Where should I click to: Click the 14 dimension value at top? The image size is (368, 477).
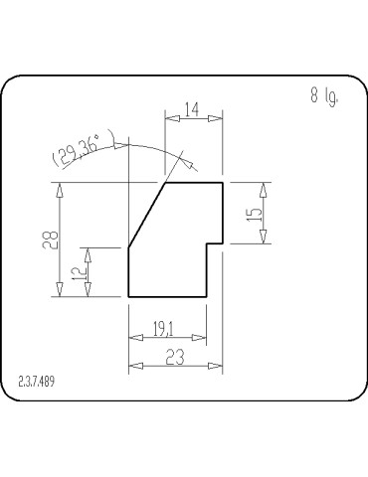[192, 109]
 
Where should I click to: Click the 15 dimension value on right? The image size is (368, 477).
[254, 212]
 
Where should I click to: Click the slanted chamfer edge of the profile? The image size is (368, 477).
[147, 215]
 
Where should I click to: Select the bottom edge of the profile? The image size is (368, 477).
[167, 297]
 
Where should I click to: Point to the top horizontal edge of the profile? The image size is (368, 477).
[193, 183]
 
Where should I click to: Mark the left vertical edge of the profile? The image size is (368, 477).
[129, 272]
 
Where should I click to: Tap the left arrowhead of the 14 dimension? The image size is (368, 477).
[170, 118]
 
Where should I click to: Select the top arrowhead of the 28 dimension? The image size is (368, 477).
[62, 189]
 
